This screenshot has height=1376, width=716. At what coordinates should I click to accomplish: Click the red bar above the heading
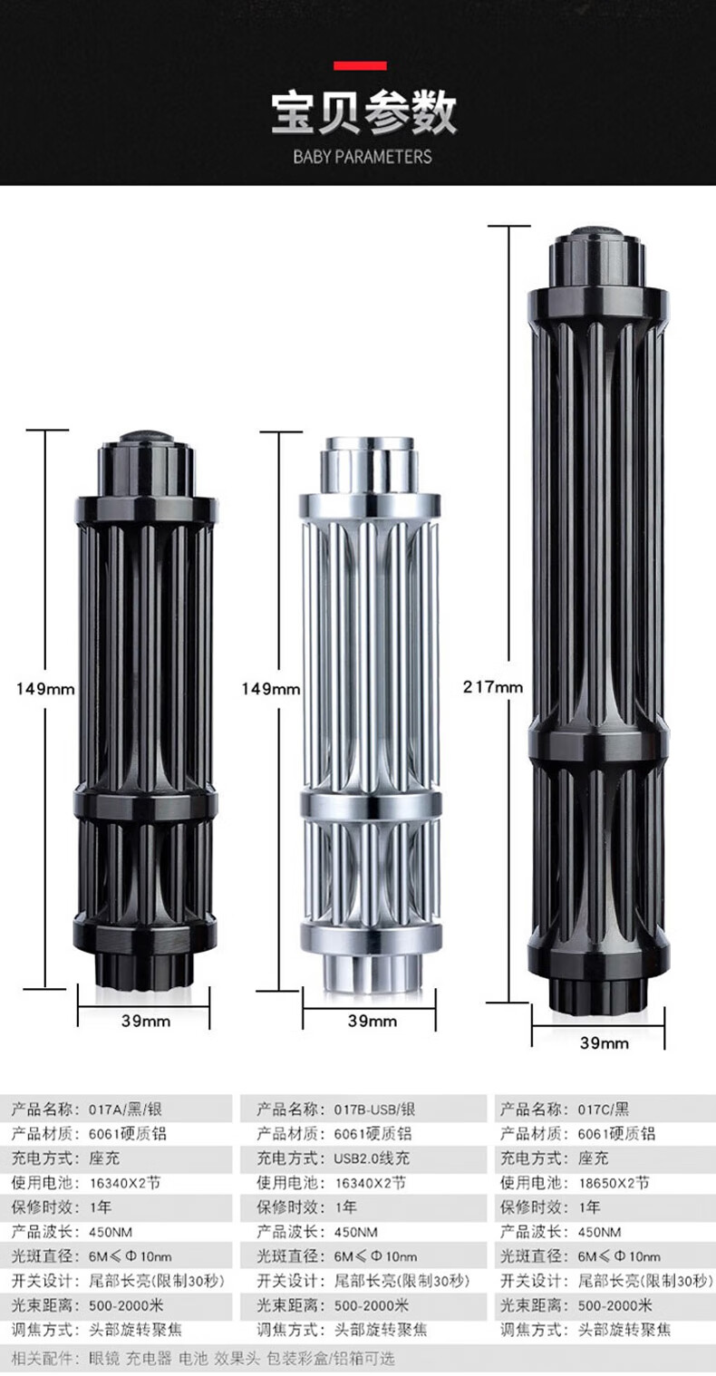coord(360,66)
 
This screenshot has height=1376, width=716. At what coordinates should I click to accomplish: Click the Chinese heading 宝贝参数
coord(363,113)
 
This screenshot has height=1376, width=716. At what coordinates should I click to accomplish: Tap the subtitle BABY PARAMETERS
coord(363,157)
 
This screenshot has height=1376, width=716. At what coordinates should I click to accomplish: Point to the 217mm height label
coord(492,686)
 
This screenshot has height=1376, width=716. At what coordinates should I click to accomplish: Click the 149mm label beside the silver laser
coord(271,689)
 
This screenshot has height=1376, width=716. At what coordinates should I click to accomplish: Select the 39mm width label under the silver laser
coord(373,1021)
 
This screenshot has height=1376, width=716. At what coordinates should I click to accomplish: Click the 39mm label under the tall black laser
coord(605,1042)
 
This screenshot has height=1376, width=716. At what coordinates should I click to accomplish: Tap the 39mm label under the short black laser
coord(146,1021)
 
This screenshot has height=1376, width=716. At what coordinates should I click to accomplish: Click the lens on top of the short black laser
coord(146,437)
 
